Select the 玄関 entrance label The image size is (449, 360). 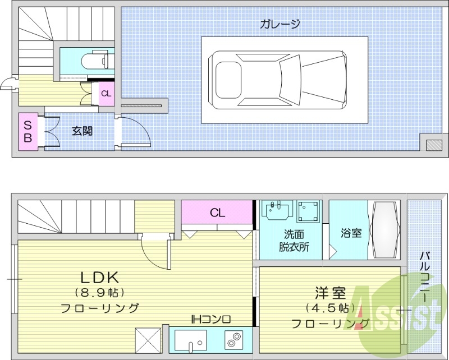coord(82,131)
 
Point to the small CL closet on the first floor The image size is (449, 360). coord(106,94)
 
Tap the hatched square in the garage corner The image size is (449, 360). coord(434,145)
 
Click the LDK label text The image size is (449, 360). coord(99,277)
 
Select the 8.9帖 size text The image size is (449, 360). coord(99,292)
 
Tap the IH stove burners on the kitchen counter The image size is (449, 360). coord(232,340)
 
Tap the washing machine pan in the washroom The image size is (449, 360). coord(308,212)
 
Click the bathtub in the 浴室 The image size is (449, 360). coord(385,230)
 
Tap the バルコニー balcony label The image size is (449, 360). coord(427,275)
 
